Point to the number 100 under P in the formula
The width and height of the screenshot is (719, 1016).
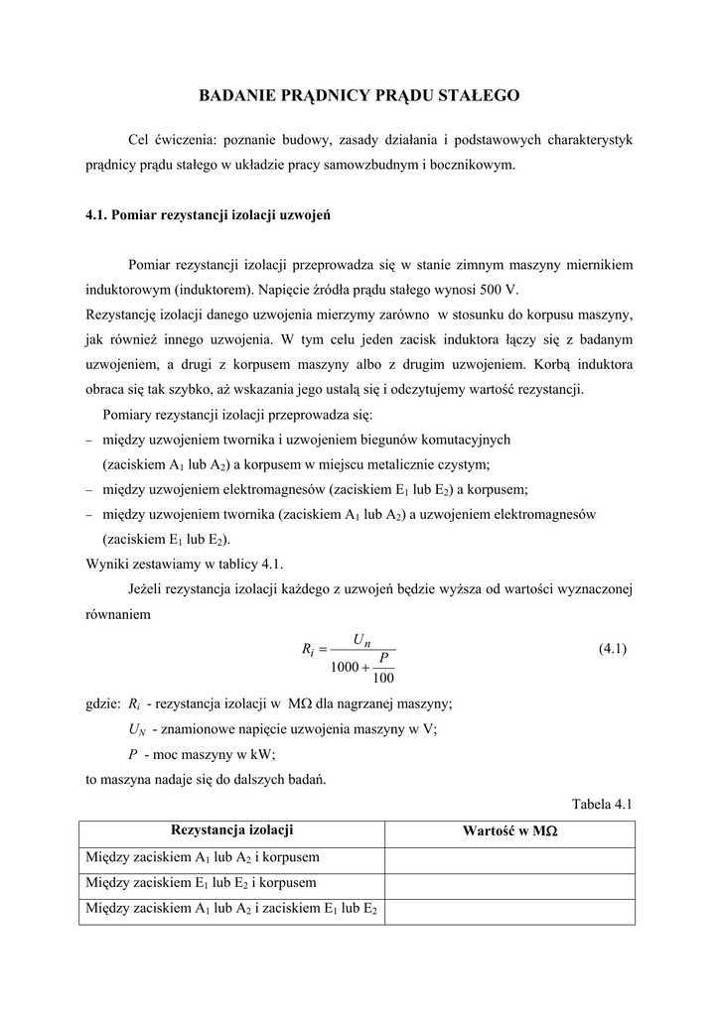(383, 679)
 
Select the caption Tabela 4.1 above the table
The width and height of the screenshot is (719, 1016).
(603, 804)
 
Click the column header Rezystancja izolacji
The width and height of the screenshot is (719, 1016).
(232, 830)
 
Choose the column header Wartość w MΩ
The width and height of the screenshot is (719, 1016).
(509, 832)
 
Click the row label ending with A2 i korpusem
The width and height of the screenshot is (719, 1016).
(203, 858)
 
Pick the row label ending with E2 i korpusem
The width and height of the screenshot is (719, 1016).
(202, 884)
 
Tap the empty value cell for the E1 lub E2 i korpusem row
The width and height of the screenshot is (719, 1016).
(509, 884)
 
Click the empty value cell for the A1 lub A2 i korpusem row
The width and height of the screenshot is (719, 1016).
(509, 858)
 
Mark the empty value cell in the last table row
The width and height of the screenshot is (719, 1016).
(509, 911)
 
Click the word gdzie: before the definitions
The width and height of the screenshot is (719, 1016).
(103, 704)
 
